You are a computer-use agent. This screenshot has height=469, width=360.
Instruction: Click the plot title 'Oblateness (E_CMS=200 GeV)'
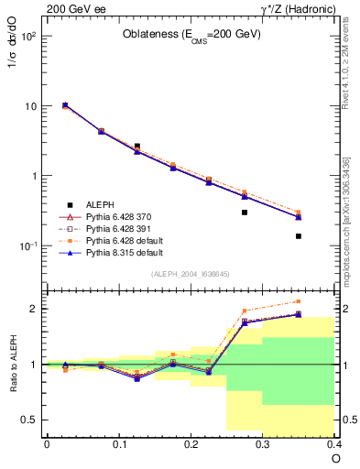191,34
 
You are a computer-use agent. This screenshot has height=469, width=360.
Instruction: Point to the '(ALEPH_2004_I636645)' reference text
191,274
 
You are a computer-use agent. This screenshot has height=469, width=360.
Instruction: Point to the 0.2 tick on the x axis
191,443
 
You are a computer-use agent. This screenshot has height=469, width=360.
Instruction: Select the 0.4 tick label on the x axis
334,443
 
